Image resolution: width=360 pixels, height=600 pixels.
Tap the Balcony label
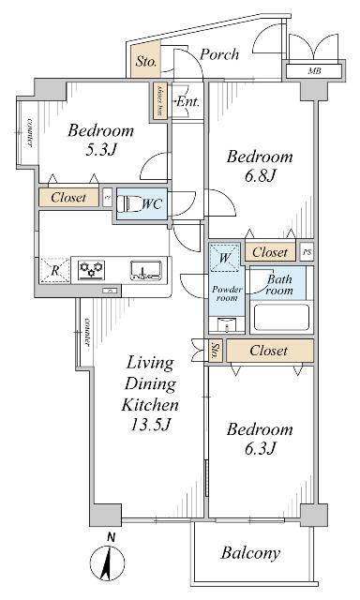pyautogui.click(x=250, y=553)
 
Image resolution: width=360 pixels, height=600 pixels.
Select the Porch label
pyautogui.click(x=220, y=54)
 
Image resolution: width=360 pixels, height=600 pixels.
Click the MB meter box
pyautogui.click(x=310, y=71)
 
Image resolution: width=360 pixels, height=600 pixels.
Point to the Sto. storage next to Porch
pyautogui.click(x=146, y=62)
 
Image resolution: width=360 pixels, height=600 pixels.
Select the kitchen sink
pyautogui.click(x=143, y=271)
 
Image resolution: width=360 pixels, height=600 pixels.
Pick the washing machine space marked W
pyautogui.click(x=225, y=257)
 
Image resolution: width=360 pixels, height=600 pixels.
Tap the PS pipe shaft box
pyautogui.click(x=307, y=251)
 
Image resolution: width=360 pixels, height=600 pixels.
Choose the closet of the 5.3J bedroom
pyautogui.click(x=69, y=198)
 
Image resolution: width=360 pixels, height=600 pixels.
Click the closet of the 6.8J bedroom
pyautogui.click(x=270, y=251)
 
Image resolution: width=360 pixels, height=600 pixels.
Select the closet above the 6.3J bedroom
pyautogui.click(x=269, y=351)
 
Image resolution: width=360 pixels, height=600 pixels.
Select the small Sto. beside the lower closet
pyautogui.click(x=217, y=352)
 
